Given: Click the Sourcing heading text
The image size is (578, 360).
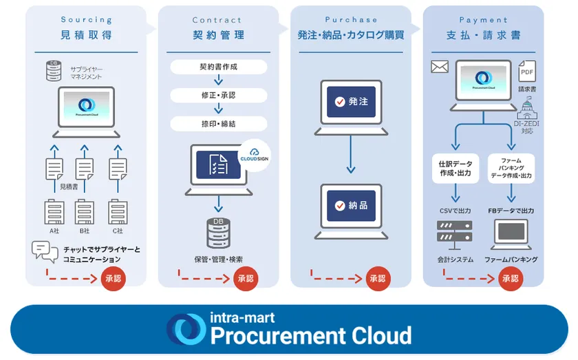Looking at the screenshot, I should pos(85,20).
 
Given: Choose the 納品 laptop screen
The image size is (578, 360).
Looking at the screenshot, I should pos(351,205).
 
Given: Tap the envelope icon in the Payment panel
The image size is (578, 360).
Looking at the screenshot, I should pos(439,67).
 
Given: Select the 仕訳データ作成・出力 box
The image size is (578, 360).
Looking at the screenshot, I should pos(455,167).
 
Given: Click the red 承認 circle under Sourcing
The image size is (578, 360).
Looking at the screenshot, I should pos(114,279).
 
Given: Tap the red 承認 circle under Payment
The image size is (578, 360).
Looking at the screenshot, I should pos(510,279).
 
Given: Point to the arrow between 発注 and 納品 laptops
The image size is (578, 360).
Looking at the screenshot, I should pos(351,155).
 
